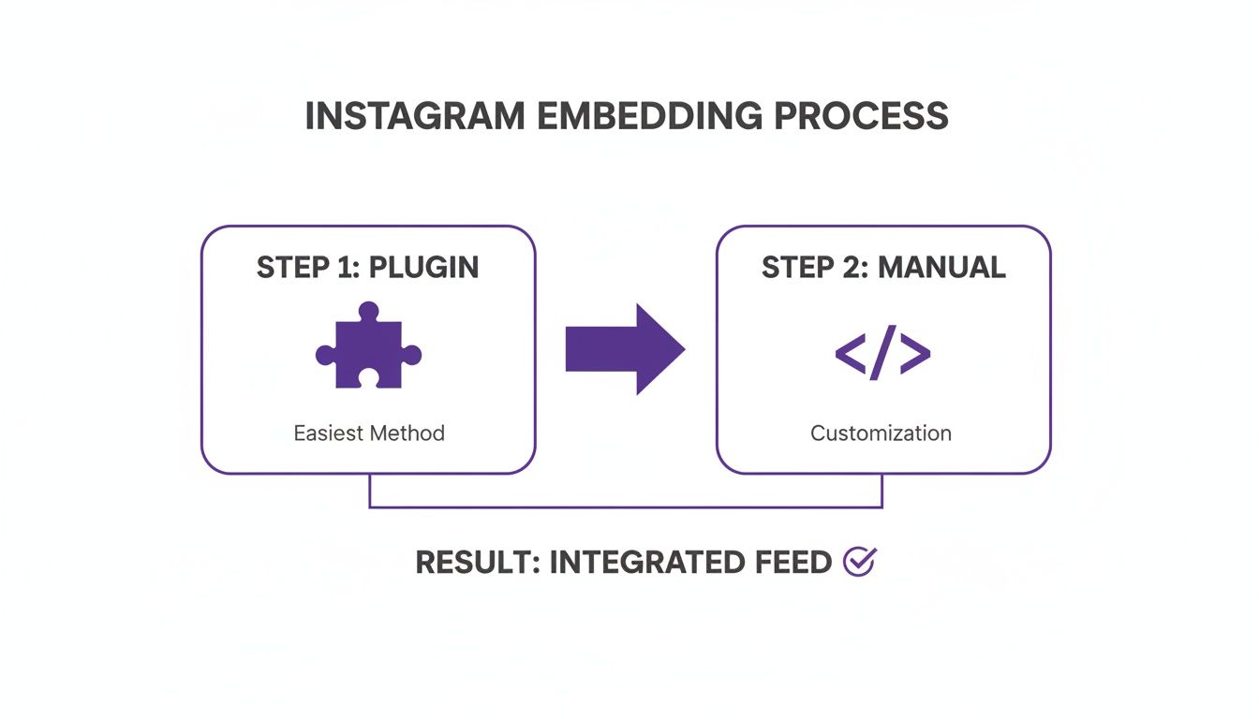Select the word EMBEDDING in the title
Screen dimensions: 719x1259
[629, 116]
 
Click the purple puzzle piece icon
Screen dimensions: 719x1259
[368, 347]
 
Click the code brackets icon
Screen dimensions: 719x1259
[882, 352]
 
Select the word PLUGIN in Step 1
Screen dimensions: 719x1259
[423, 267]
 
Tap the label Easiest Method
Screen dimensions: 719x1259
[369, 433]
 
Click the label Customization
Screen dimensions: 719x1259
[881, 433]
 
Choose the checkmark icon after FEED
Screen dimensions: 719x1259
[858, 562]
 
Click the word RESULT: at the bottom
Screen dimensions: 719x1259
[477, 563]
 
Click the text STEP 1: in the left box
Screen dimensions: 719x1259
[308, 267]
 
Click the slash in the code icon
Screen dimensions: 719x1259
[882, 352]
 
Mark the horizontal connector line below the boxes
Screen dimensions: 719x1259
[625, 507]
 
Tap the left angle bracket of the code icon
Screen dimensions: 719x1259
[850, 352]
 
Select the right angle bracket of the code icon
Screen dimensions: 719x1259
[915, 352]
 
